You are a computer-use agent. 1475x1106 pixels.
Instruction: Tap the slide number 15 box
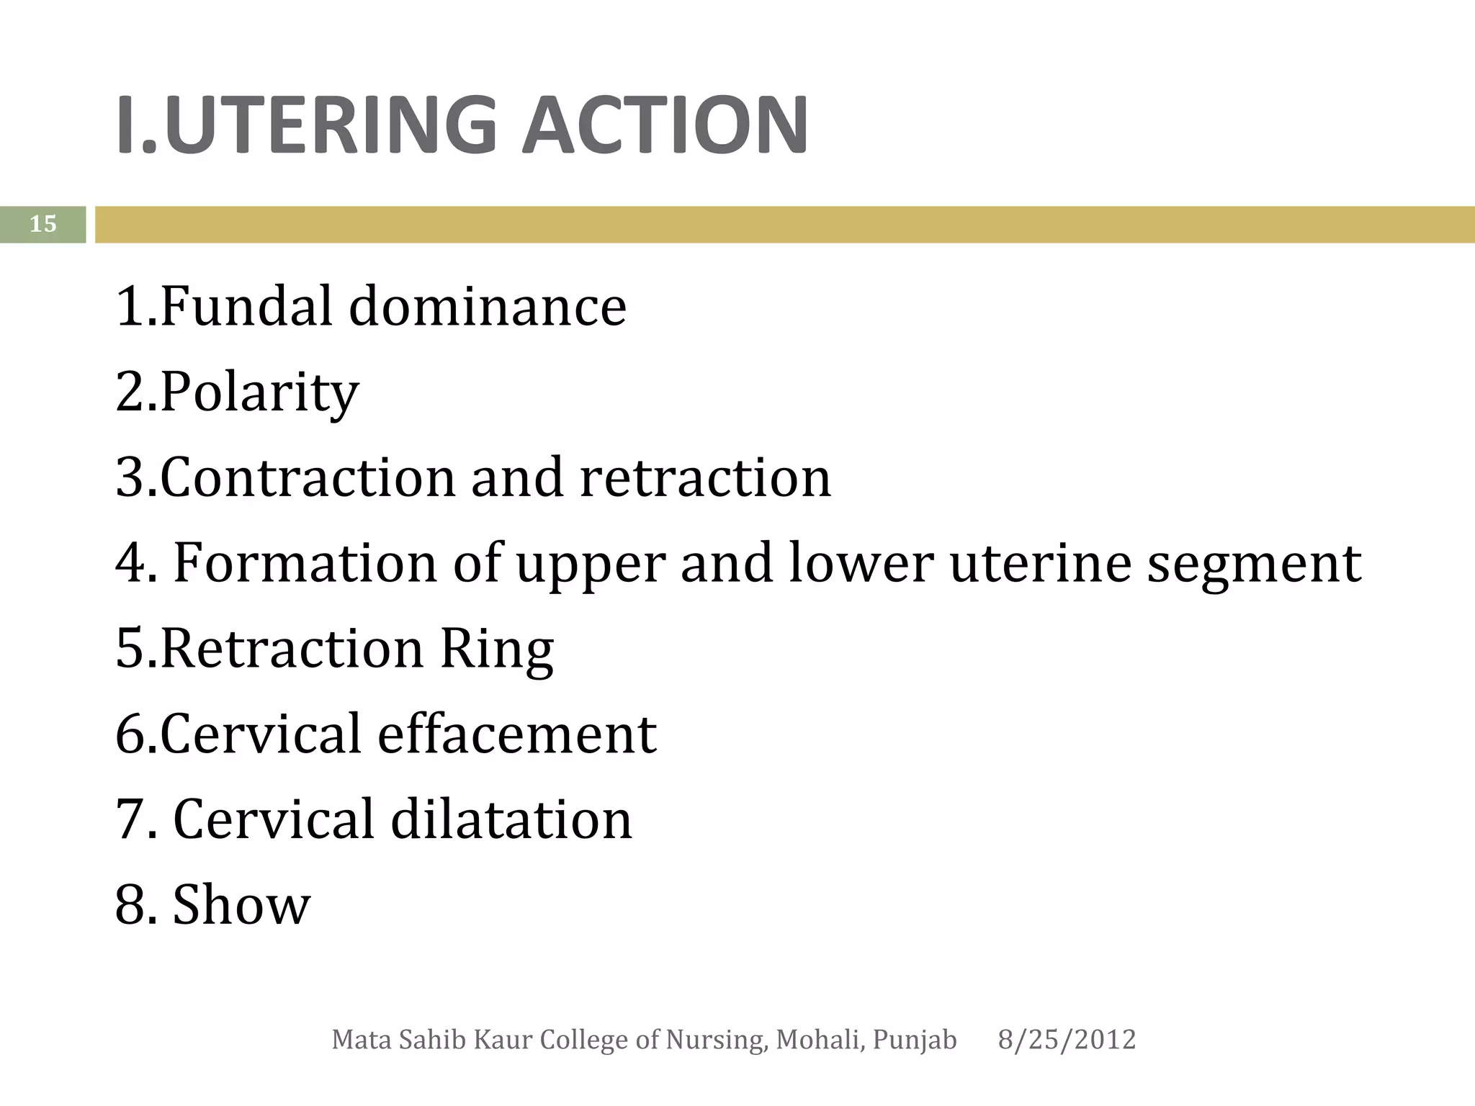pos(42,224)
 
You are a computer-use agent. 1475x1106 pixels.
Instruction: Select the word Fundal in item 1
pos(246,306)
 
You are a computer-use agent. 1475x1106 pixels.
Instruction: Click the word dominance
pos(488,306)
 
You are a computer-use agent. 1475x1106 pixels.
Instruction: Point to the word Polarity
pos(259,393)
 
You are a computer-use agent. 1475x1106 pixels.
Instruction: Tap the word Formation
pos(305,562)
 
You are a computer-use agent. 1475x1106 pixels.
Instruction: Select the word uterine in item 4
pos(1039,562)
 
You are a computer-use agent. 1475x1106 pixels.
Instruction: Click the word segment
pos(1254,564)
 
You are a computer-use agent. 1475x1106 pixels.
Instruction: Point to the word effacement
pos(516,734)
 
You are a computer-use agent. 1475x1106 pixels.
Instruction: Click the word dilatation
pos(511,819)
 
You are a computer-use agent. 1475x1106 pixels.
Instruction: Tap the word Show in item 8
pos(241,904)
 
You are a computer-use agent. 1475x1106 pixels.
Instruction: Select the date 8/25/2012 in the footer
pos(1067,1040)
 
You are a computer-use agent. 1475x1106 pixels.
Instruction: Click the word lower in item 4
pos(861,562)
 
